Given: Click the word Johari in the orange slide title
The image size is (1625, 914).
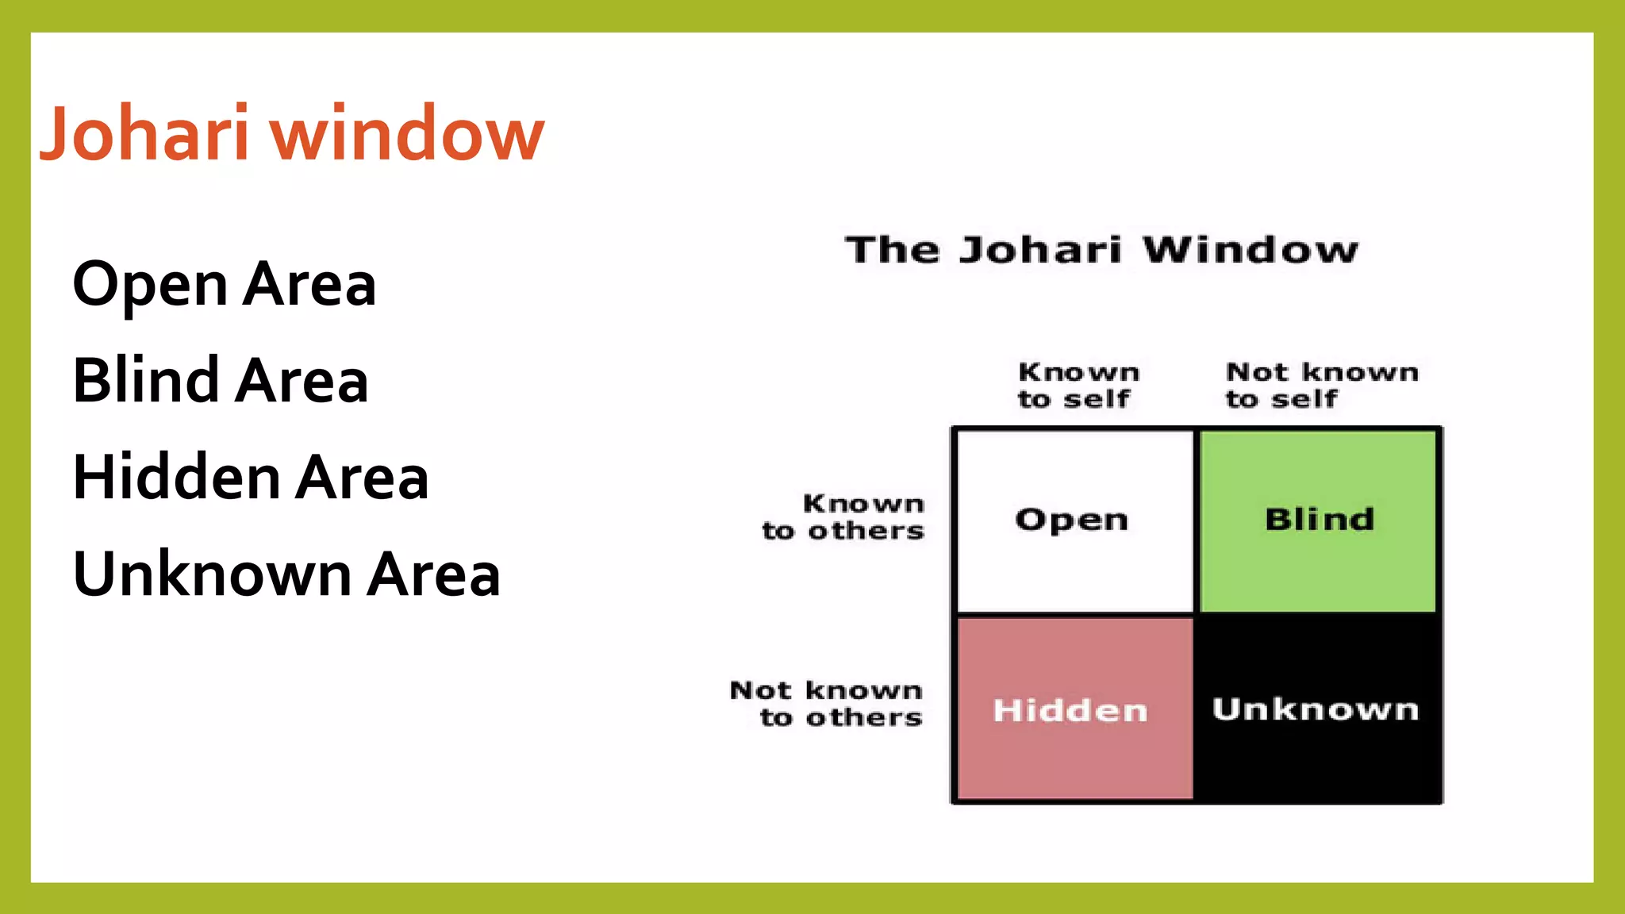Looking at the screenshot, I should point(144,133).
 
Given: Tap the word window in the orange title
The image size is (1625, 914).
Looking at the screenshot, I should point(408,133).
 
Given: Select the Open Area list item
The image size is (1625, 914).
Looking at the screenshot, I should point(224,284).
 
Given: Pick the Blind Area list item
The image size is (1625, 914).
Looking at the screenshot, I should point(221,381).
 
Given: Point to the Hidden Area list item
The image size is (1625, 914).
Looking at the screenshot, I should point(251,478).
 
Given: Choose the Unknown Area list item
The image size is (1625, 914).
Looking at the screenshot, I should point(286,574).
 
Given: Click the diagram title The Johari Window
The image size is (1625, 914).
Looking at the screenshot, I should point(1101,250).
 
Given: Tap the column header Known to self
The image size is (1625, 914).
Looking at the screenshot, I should point(1078,386).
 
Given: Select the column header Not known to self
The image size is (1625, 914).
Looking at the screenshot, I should point(1321,386).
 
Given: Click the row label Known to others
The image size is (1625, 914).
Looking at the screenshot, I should point(844,517).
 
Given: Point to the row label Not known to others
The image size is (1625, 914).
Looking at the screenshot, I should point(826,704).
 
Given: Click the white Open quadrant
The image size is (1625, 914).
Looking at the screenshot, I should point(1074,571).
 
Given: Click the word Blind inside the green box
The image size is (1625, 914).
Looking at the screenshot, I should point(1319,520).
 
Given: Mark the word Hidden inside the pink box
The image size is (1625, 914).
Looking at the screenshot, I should point(1070,711).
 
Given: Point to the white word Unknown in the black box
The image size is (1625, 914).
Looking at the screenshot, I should point(1316,709).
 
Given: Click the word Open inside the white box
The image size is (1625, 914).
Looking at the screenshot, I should point(1071,520).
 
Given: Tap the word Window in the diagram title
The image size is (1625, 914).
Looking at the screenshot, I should point(1250,250).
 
